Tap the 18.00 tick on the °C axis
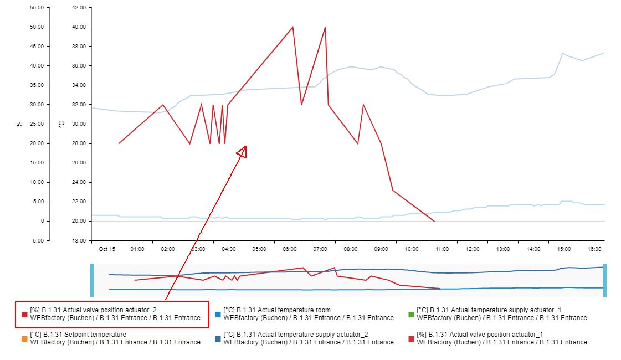tap(79, 240)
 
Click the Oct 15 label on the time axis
tap(107, 249)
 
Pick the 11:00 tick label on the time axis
tap(442, 249)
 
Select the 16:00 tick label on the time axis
tap(594, 249)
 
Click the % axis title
tap(20, 125)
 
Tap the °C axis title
tap(61, 125)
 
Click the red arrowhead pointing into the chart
tap(243, 151)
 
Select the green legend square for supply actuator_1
tap(411, 315)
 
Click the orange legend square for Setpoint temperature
tap(24, 338)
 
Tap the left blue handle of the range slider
tap(92, 280)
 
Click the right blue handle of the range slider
tap(605, 280)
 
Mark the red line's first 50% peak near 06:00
tap(292, 27)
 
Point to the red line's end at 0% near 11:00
tap(434, 221)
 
